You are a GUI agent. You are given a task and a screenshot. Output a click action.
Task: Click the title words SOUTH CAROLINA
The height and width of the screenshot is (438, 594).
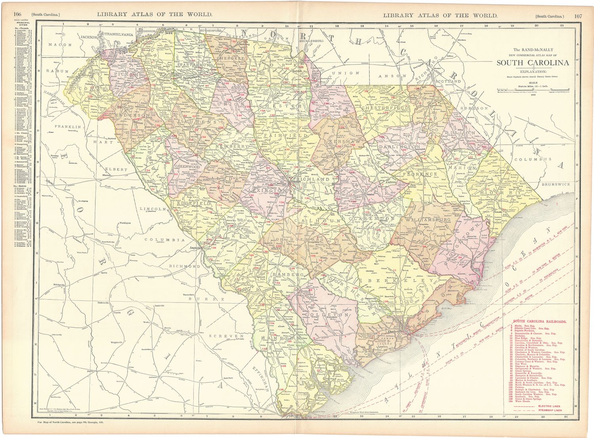pyautogui.click(x=533, y=63)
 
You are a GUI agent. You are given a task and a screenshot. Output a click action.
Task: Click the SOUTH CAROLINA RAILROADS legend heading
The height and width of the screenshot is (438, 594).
pyautogui.click(x=539, y=322)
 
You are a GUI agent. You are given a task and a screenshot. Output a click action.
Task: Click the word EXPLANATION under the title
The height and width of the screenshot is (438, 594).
pyautogui.click(x=533, y=71)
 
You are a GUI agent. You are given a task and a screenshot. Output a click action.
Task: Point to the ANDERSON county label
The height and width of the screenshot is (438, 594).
pyautogui.click(x=133, y=115)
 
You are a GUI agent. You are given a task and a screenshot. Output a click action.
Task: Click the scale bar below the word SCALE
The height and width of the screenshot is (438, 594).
pyautogui.click(x=533, y=89)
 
